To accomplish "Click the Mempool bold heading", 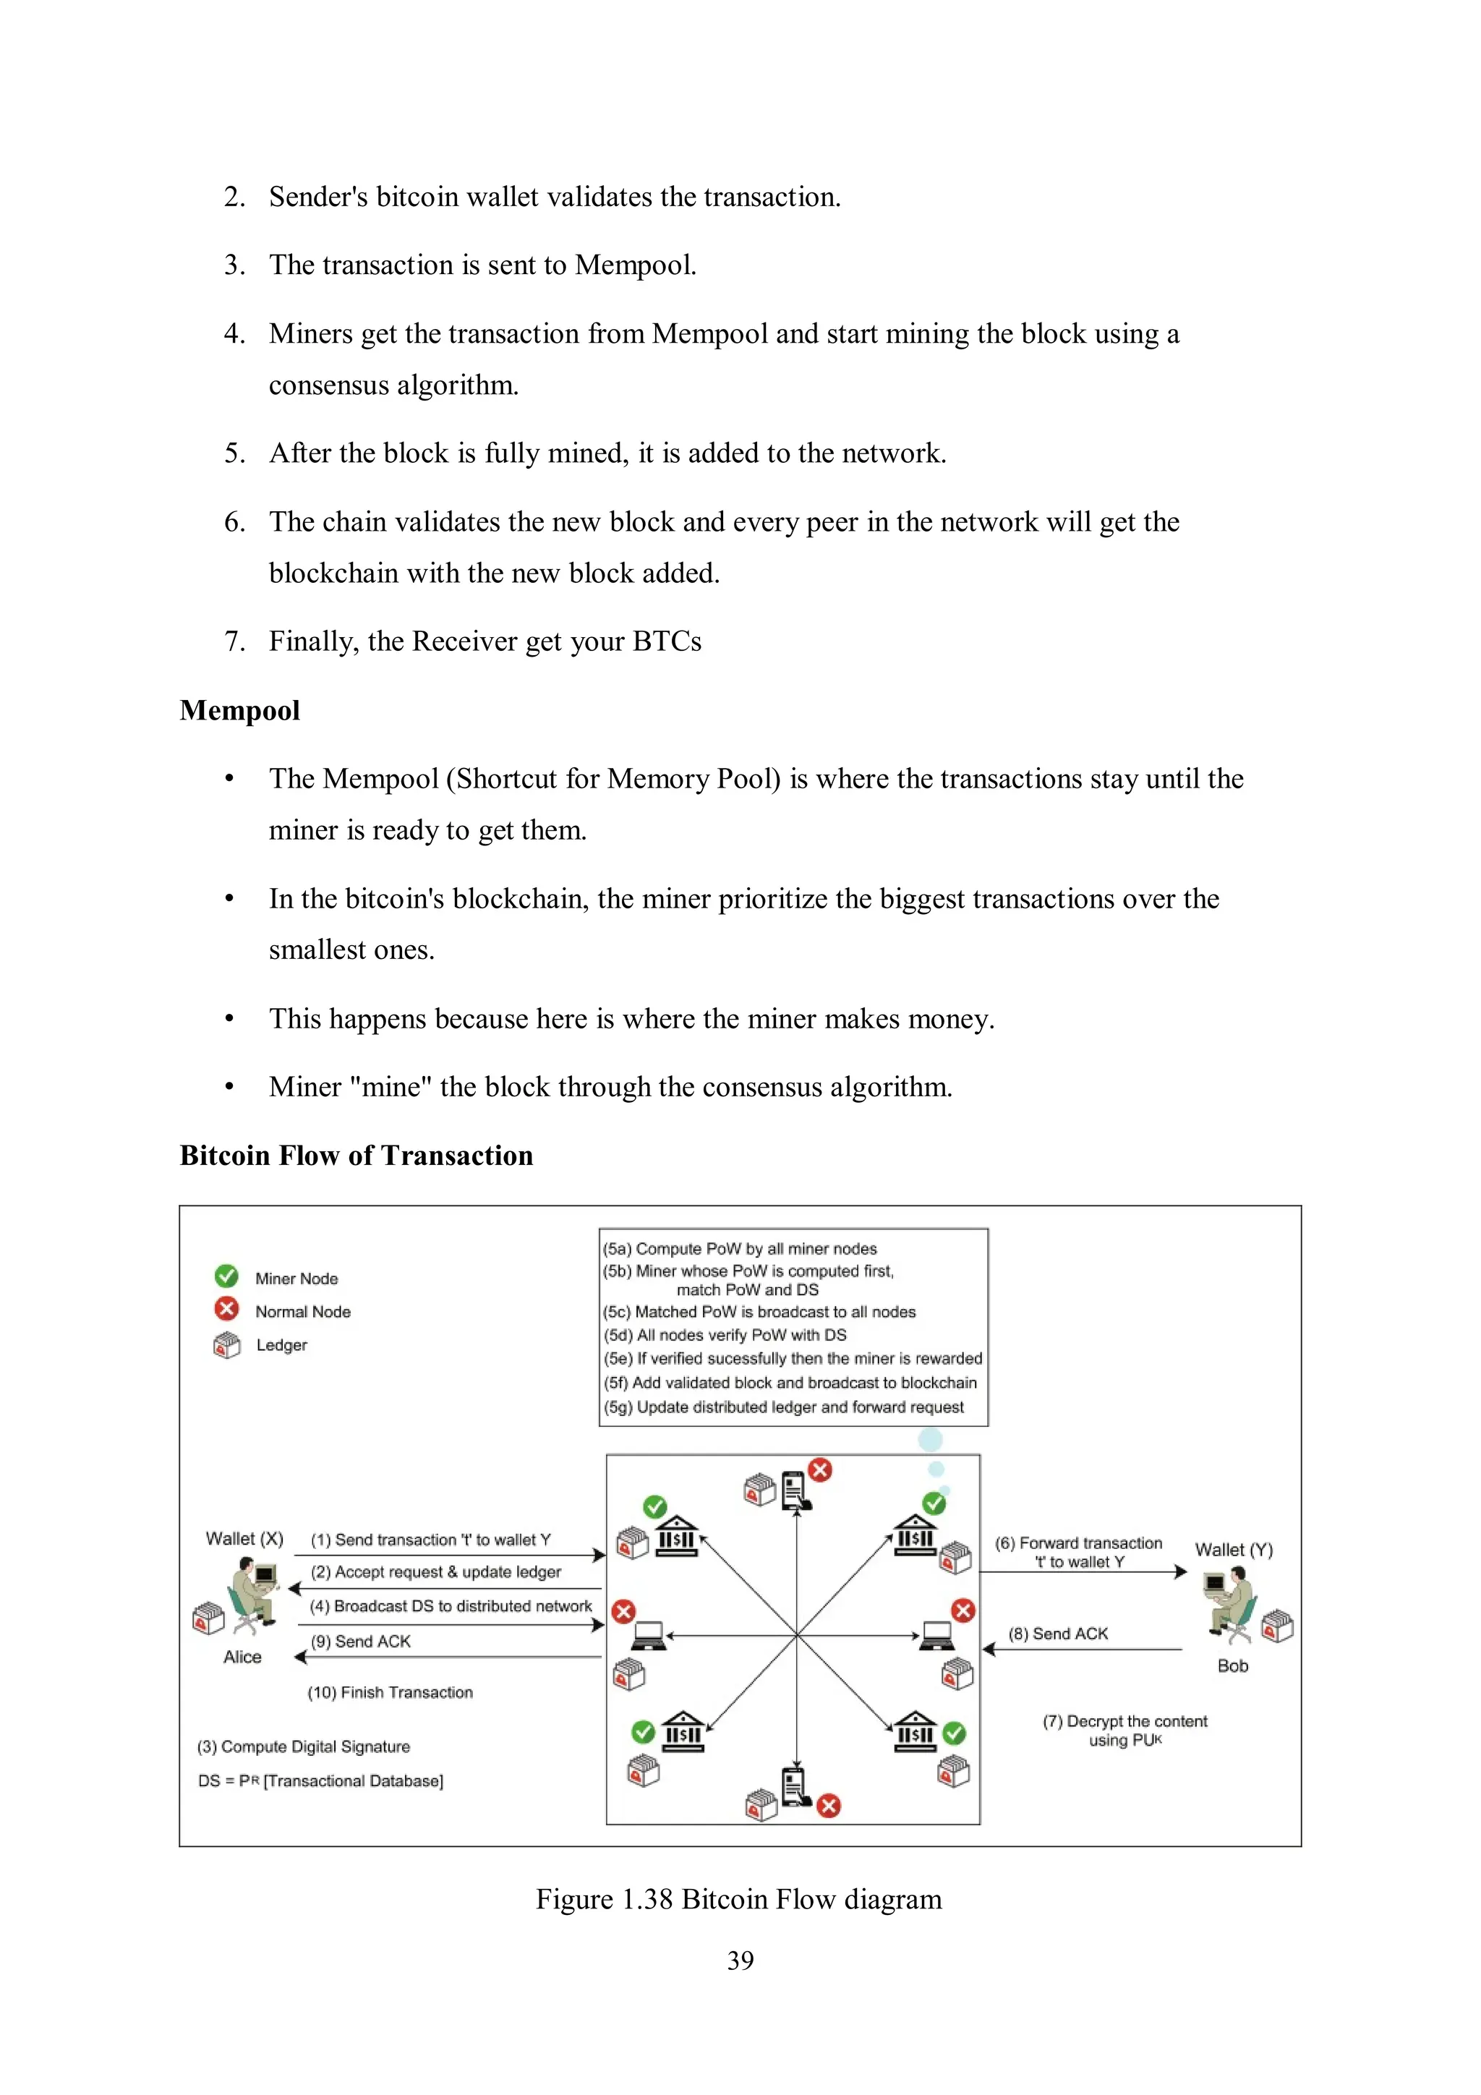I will click(239, 710).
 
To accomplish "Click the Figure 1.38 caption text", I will click(738, 1899).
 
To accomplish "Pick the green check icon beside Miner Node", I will click(226, 1276).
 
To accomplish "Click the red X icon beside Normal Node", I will click(226, 1310).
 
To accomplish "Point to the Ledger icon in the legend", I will click(226, 1344).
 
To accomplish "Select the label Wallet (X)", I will click(244, 1538).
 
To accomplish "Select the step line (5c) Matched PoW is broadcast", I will click(759, 1312).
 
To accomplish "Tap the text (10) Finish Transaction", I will click(390, 1693).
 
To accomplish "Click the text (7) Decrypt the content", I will click(1124, 1722).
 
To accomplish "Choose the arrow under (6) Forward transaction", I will click(1083, 1572).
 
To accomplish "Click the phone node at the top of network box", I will click(795, 1490).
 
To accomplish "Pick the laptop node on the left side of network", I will click(649, 1636).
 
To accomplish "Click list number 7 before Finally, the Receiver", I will click(234, 641).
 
